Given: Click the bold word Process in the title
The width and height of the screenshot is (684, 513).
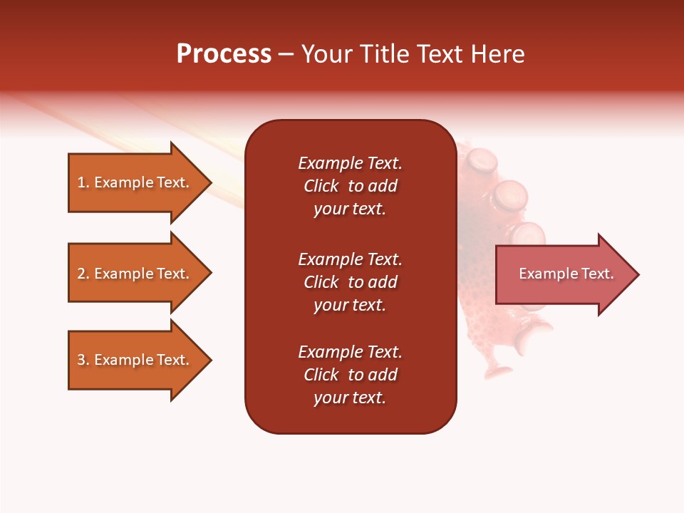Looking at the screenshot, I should (x=224, y=54).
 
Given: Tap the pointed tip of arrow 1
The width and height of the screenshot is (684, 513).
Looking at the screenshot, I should (x=209, y=182).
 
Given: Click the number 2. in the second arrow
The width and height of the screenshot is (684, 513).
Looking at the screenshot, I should (x=83, y=274).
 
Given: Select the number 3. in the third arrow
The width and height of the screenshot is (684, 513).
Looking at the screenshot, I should (x=83, y=360).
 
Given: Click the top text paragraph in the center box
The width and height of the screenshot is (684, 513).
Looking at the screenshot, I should (x=350, y=186).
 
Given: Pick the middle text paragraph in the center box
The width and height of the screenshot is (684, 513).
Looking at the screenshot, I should (x=350, y=282).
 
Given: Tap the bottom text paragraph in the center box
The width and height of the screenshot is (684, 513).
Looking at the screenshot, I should (x=350, y=375).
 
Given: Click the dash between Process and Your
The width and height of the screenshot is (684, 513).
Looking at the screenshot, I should (x=286, y=54).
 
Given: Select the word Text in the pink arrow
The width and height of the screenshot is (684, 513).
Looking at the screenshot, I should (x=598, y=274).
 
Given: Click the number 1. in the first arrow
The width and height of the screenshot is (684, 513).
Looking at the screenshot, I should (x=83, y=182).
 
